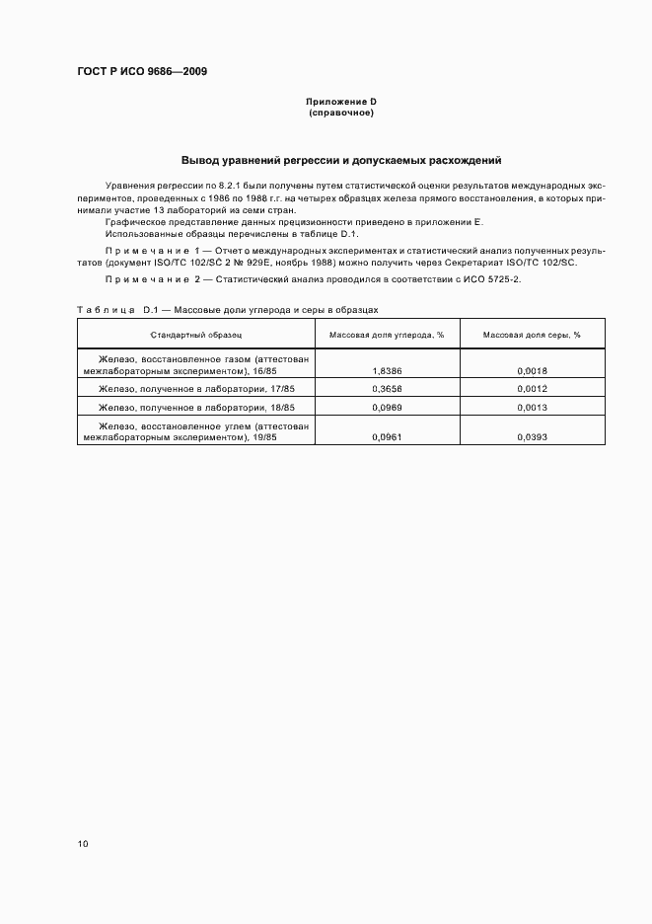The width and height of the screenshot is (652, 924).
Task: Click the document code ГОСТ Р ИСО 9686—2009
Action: pos(142,71)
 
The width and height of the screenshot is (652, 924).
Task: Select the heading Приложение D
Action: pos(341,103)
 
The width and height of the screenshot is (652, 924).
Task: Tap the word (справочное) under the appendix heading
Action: pos(341,113)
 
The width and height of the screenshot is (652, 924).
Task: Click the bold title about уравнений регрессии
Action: pos(341,160)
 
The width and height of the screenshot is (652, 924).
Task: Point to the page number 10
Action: pos(83,844)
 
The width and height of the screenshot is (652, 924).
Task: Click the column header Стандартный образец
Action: pos(195,335)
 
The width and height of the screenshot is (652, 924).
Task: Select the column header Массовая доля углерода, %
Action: pos(387,335)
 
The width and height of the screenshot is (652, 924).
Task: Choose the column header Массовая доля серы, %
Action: pos(532,335)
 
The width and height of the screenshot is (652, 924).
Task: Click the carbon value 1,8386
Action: pos(387,371)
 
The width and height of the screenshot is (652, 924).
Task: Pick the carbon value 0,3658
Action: pos(387,389)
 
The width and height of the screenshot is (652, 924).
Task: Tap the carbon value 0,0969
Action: pos(387,407)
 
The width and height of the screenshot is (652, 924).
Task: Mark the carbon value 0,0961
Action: pos(387,435)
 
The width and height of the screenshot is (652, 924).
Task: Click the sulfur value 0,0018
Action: pos(532,371)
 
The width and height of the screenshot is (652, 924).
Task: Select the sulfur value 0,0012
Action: pos(532,389)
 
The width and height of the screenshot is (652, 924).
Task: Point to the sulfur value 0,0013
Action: pos(532,407)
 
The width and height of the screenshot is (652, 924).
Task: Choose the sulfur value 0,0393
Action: pos(532,435)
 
